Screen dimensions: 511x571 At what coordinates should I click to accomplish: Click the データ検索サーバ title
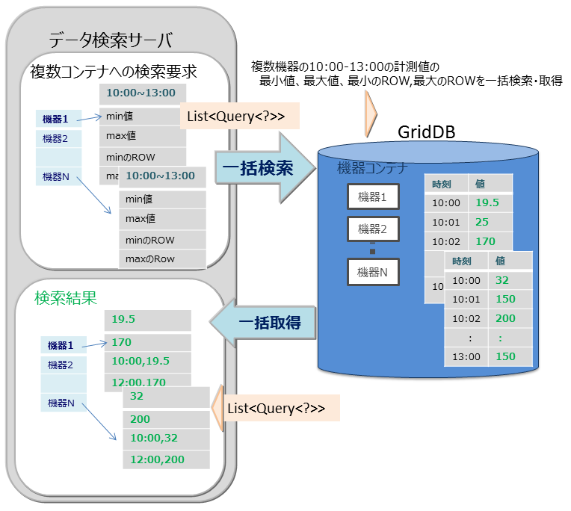[110, 40]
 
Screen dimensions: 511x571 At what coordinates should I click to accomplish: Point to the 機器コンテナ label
[371, 167]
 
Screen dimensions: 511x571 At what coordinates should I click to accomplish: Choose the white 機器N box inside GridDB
[373, 272]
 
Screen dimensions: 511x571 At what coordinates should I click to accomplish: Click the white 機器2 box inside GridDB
[373, 229]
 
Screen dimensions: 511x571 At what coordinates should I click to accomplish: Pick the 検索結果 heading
[65, 297]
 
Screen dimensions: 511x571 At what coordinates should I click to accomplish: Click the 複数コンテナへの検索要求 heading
[113, 72]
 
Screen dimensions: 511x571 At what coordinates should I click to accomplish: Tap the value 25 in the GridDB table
[481, 222]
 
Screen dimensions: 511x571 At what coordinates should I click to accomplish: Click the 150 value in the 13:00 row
[505, 356]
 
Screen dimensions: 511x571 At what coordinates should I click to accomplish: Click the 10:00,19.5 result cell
[141, 362]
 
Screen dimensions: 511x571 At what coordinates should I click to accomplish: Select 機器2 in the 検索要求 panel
[56, 138]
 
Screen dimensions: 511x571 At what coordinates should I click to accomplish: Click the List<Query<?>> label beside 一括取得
[276, 408]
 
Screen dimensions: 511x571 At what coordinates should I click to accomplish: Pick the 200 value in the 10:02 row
[505, 318]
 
